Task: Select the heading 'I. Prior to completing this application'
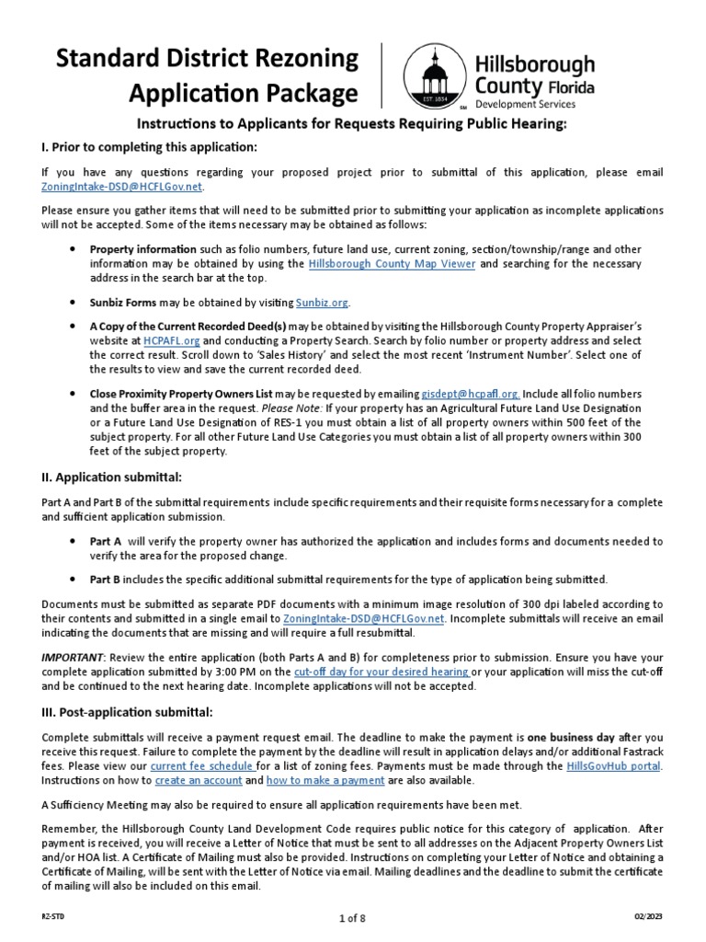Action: (149, 148)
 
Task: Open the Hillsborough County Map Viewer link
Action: (392, 263)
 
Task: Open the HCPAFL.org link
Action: (165, 339)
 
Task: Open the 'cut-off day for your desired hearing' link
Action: (382, 672)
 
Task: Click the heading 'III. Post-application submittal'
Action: (127, 712)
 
